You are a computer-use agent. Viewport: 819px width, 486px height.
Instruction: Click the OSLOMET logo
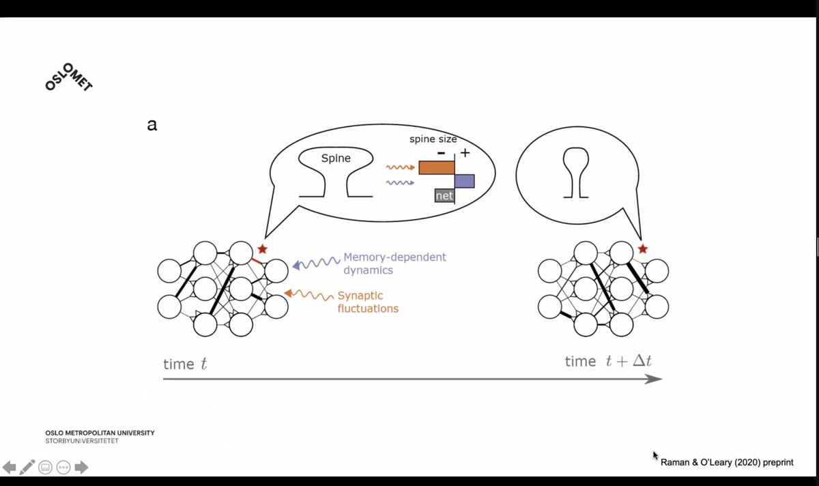68,73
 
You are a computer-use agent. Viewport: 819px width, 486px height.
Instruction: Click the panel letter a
152,125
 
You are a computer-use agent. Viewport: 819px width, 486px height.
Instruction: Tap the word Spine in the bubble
335,158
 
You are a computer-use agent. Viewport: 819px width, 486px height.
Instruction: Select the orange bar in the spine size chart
437,168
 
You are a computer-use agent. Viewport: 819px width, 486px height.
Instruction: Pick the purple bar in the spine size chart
464,181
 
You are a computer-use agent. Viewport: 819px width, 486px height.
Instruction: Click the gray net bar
444,196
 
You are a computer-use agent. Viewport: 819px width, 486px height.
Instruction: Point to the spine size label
433,139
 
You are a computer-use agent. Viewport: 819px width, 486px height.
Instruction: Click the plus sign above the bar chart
465,152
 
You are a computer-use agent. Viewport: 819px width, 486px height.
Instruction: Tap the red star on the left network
262,249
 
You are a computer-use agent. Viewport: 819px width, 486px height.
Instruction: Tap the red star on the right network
642,249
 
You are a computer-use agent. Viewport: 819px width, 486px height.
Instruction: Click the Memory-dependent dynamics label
394,263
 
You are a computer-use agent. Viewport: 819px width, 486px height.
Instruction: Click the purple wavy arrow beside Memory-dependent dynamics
316,263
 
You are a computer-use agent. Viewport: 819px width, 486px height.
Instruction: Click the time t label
185,364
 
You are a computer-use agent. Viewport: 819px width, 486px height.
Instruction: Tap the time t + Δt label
608,361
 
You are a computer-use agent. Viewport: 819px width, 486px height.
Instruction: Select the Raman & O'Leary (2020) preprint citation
727,462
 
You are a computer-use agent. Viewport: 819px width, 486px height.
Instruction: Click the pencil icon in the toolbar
27,468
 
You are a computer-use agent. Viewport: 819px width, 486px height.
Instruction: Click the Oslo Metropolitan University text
100,433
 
